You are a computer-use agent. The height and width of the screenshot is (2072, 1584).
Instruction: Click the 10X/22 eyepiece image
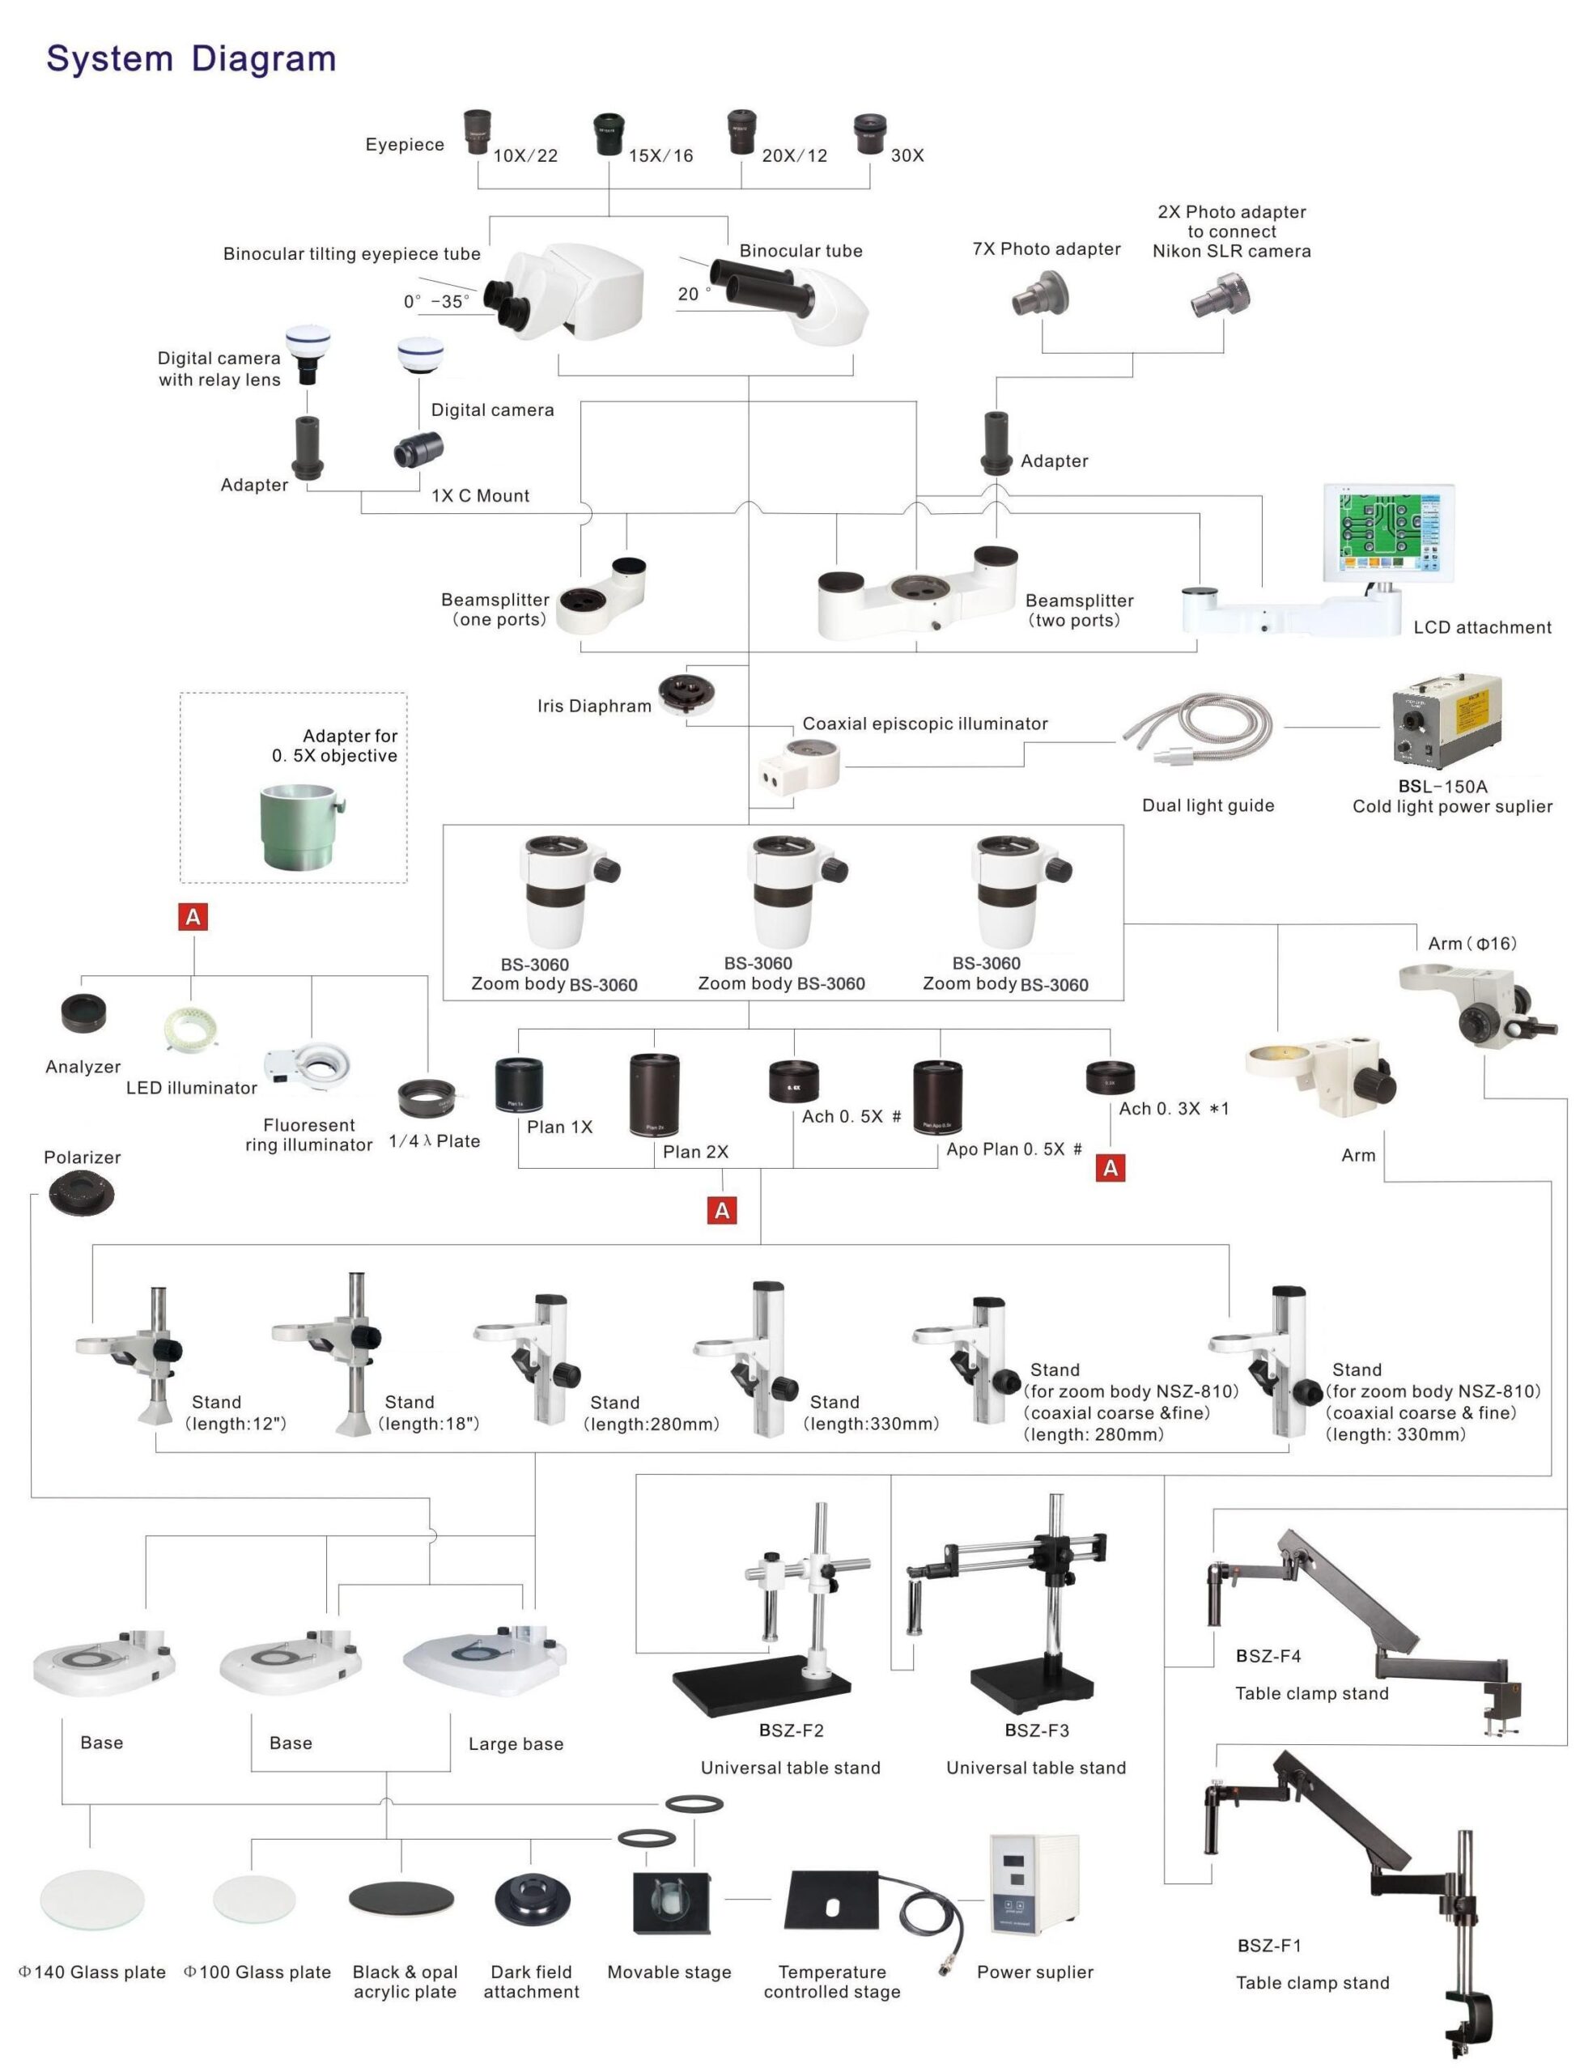476,132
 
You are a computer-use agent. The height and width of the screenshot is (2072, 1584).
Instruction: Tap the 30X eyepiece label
907,155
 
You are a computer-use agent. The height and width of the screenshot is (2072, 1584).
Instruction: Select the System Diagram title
191,58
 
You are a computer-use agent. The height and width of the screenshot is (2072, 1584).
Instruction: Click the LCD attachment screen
1388,533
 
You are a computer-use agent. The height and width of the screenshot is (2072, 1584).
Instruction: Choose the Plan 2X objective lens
654,1094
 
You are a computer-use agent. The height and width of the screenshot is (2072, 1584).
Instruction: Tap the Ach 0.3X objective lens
1110,1076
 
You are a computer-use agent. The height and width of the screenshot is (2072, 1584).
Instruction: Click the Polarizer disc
83,1195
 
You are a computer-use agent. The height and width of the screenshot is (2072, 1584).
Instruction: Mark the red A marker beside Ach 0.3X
1110,1168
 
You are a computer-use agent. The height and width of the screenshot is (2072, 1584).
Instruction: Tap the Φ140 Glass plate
92,1900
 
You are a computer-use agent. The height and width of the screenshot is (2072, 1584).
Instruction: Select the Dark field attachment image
533,1900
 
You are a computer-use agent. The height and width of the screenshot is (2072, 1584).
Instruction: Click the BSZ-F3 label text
1037,1730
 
